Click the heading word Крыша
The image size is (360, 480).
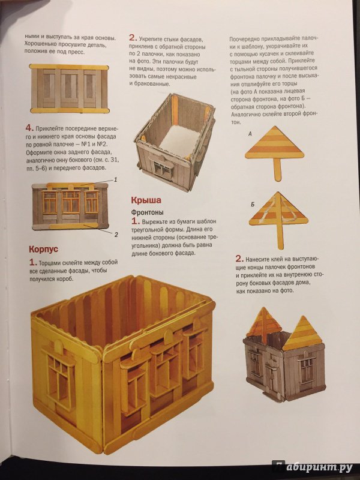coord(146,200)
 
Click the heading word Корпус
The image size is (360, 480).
coord(43,249)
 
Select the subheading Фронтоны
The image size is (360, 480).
coord(147,212)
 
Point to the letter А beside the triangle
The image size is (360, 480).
coord(250,134)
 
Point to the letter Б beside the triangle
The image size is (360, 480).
coord(253,204)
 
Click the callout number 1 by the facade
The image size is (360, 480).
coord(115,179)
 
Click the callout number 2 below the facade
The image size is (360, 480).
coord(116,235)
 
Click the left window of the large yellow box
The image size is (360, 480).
coord(60,372)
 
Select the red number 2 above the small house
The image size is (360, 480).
coord(239,259)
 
